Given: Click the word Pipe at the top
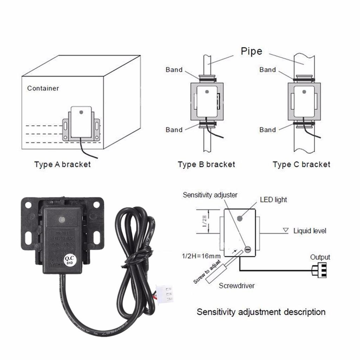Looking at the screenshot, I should click(x=251, y=51).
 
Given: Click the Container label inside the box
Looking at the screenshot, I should click(x=43, y=88).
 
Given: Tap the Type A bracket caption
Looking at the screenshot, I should click(x=63, y=164).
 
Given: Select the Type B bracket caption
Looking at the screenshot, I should click(x=206, y=164).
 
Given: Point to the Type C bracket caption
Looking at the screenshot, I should click(x=302, y=164).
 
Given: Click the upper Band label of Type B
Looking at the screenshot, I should click(x=174, y=70).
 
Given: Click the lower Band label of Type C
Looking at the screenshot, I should click(x=268, y=130).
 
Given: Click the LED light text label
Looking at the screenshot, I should click(x=273, y=200).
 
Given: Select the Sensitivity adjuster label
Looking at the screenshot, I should click(x=210, y=195).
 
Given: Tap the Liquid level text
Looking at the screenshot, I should click(x=310, y=231).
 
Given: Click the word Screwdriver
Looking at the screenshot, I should click(x=237, y=285).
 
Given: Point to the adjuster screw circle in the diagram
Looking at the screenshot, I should click(x=247, y=250).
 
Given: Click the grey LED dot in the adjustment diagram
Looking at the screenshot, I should click(x=240, y=218).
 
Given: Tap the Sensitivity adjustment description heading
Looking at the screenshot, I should click(x=261, y=311).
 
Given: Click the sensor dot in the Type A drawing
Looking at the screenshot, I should click(x=81, y=112).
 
